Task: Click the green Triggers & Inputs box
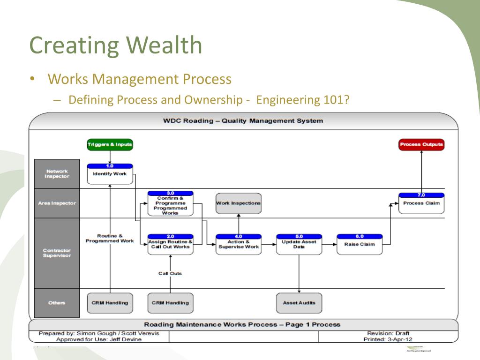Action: pos(110,145)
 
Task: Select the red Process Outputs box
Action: pos(421,145)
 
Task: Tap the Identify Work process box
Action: pos(110,174)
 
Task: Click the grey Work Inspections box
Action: pos(238,203)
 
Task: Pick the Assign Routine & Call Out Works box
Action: pos(170,244)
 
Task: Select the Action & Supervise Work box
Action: pos(238,244)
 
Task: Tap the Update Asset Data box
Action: pos(299,244)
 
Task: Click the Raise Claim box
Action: pos(360,244)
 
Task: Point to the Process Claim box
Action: pos(421,203)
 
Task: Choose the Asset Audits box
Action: pos(299,303)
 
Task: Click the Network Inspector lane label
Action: pos(57,174)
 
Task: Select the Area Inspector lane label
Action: pos(57,203)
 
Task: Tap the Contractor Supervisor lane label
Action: pos(57,253)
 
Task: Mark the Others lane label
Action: pos(57,303)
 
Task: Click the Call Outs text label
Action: pos(170,273)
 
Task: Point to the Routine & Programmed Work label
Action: pos(110,238)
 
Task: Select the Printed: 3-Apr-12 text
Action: pos(388,339)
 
